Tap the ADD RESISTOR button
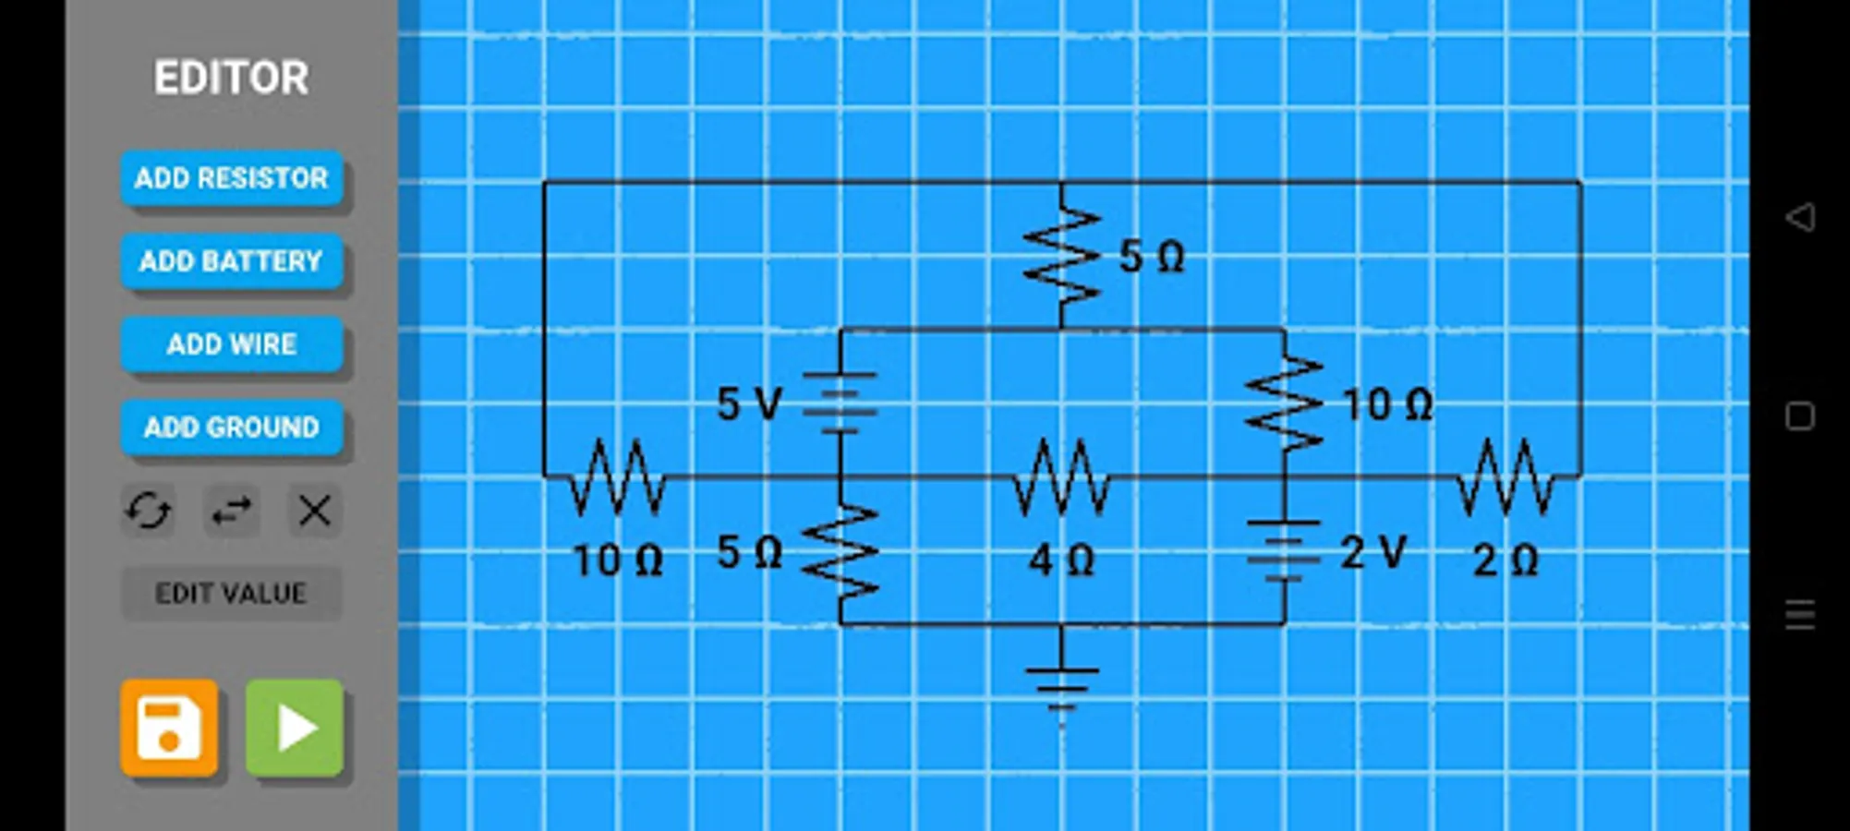(x=231, y=177)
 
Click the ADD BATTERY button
(x=231, y=260)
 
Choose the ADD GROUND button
(x=231, y=427)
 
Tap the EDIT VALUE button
(x=231, y=593)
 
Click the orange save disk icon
(x=169, y=728)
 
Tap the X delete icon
(x=314, y=510)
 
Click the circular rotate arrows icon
(x=148, y=510)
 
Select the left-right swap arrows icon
(x=231, y=510)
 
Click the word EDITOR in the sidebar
(x=231, y=78)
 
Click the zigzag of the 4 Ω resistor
(x=1061, y=476)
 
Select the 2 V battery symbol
(x=1284, y=552)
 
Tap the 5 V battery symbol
(x=840, y=403)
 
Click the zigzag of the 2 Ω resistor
(x=1505, y=476)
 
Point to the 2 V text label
(x=1373, y=553)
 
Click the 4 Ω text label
(x=1061, y=560)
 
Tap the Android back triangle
(x=1800, y=218)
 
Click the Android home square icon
(x=1800, y=416)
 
